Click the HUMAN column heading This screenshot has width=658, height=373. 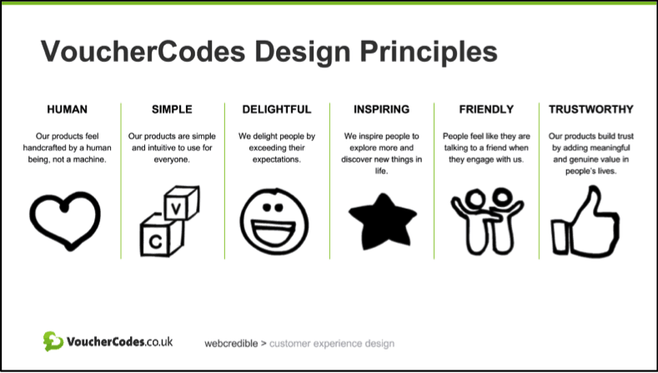[x=68, y=109]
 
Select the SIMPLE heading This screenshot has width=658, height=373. [x=172, y=109]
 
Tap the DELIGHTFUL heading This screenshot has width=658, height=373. [x=277, y=109]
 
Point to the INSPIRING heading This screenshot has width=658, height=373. [x=381, y=109]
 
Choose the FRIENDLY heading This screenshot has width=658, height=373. [x=486, y=109]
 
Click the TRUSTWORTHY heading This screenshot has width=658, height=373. [x=590, y=109]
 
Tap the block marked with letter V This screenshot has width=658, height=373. [x=181, y=204]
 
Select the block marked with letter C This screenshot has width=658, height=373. [x=161, y=236]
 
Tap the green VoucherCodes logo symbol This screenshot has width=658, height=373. [x=53, y=341]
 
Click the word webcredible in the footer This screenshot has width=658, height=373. [x=231, y=344]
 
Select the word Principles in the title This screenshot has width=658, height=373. [x=429, y=52]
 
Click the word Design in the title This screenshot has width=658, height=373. [x=303, y=52]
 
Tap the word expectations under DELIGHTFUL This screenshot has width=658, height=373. [x=277, y=159]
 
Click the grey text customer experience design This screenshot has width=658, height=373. [x=332, y=344]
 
